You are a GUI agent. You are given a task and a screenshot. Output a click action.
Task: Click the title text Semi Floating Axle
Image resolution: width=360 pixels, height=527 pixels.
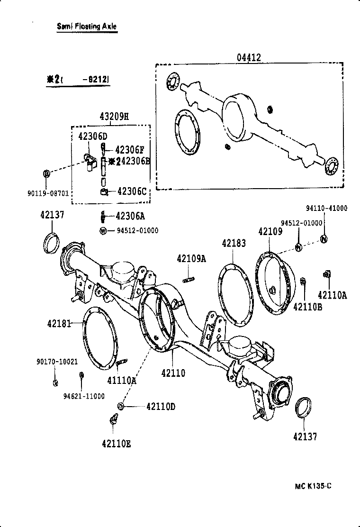(x=86, y=27)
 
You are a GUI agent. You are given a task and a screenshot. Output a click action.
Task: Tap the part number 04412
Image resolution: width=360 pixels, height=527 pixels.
(x=249, y=58)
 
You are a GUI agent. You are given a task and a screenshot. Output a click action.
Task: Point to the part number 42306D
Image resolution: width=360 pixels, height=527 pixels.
(x=93, y=136)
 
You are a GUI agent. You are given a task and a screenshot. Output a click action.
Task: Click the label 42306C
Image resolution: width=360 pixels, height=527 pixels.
(x=132, y=191)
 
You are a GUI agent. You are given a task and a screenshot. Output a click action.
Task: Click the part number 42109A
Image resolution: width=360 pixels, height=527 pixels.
(x=191, y=259)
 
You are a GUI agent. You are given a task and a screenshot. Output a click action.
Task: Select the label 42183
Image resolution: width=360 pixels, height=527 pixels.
(x=234, y=244)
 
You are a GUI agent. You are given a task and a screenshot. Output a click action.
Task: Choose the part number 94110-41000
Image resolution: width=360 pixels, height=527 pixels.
(x=326, y=208)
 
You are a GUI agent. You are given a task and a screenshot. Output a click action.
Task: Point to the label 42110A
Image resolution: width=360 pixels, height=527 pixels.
(x=333, y=295)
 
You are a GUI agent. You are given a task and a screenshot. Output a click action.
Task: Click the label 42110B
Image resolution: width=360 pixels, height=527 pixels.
(x=307, y=307)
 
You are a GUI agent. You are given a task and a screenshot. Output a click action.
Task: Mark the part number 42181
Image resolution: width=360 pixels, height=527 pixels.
(x=59, y=324)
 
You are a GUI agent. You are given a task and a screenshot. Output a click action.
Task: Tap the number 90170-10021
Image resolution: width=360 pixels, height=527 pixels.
(x=57, y=361)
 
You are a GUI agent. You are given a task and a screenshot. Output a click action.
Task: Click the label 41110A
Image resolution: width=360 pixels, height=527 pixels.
(x=122, y=379)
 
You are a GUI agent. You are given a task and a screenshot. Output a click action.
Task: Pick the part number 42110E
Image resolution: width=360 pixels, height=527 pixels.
(x=116, y=444)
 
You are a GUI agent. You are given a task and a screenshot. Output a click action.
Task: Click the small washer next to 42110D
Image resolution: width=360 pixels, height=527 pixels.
(x=121, y=407)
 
